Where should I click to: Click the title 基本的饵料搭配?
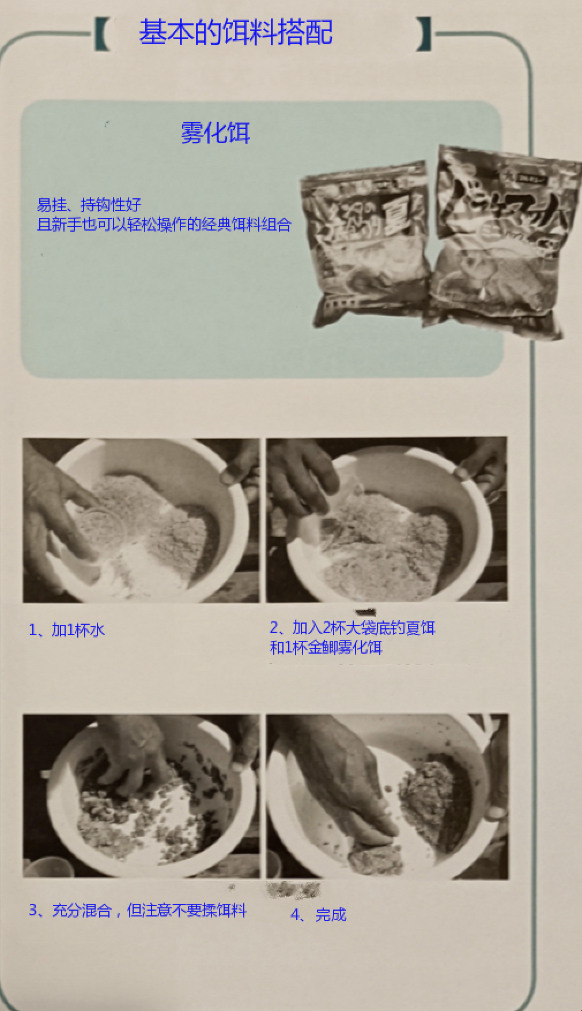(x=235, y=32)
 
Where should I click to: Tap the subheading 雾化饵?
(x=215, y=133)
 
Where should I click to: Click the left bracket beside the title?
(x=102, y=33)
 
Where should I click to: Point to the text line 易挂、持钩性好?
(x=89, y=205)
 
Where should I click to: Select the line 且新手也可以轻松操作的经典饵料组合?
(x=164, y=224)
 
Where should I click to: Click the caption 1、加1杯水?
(x=67, y=629)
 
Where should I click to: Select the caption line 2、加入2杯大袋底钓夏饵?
(x=352, y=627)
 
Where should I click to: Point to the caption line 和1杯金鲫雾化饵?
(x=326, y=647)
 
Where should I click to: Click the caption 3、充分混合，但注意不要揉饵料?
(x=138, y=910)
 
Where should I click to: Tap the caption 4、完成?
(x=318, y=915)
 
